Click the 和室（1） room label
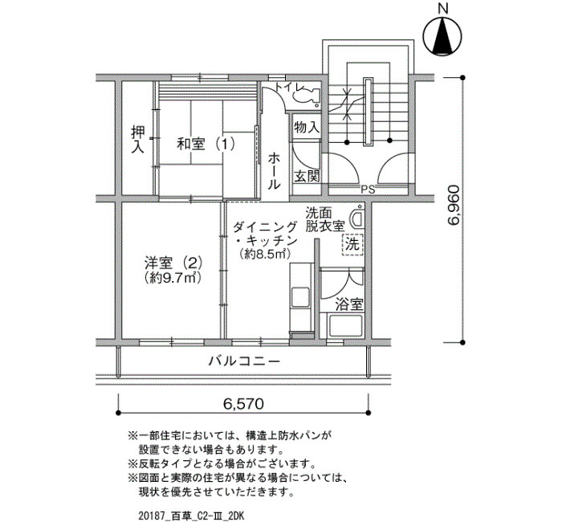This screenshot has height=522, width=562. pos(205,145)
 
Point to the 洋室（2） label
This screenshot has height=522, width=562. pos(173,263)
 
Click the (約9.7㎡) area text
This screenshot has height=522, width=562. pos(173,278)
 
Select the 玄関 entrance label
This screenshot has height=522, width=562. pos(306,176)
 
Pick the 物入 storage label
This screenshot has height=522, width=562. pos(307,127)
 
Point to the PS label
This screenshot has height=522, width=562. pos(368,190)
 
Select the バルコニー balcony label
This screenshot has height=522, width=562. pos(244,361)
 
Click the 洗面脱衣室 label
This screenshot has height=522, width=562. pos(325,219)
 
